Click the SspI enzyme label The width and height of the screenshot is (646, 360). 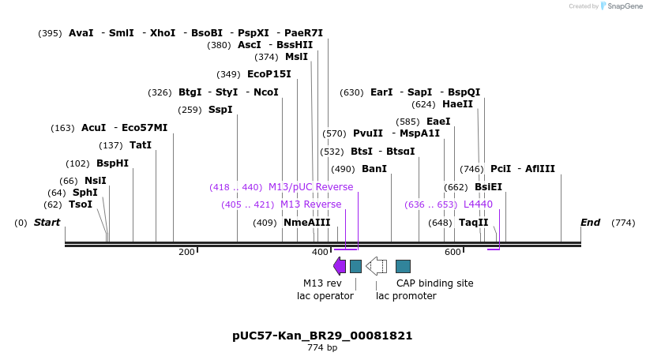pos(220,110)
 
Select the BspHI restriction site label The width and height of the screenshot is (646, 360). pos(112,163)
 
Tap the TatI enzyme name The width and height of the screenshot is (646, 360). pos(140,145)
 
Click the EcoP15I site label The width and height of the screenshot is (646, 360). pos(269,74)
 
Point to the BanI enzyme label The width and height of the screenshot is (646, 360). pos(374,169)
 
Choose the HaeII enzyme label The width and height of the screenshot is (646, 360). pos(457,104)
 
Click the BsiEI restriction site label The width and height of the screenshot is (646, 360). pos(488,187)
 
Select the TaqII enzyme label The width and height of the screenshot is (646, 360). pos(473,223)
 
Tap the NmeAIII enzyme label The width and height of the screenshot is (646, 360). pos(306,223)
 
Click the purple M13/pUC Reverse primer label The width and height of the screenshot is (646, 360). pos(310,187)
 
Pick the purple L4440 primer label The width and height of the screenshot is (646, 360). pos(478,204)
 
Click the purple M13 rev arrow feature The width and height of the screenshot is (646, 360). pos(340,266)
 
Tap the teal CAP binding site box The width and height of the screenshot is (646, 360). pos(403,266)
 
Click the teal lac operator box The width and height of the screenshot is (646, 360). pos(355,266)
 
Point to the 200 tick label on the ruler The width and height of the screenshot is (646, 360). pos(186,252)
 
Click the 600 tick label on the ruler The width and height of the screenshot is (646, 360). pos(453,252)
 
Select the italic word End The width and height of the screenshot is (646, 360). pos(591,223)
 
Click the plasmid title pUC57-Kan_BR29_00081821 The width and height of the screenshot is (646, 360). pos(322,336)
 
